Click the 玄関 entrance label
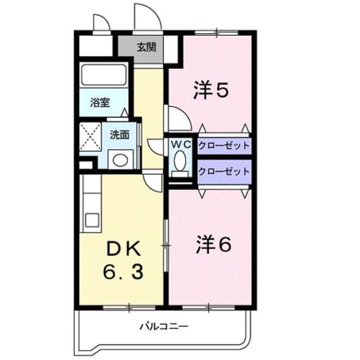tap(146, 47)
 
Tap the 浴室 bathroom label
tap(100, 102)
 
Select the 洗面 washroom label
tap(120, 135)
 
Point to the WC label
tap(181, 145)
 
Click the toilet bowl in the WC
tap(180, 160)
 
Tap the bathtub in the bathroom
tap(103, 75)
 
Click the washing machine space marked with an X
tap(90, 137)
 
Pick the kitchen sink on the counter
tap(92, 220)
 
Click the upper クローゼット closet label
tap(224, 146)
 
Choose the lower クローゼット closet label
tap(224, 172)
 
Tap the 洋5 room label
tap(211, 90)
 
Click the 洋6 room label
tap(214, 245)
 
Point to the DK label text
tap(124, 250)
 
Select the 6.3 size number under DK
tap(123, 272)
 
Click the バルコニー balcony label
tap(164, 326)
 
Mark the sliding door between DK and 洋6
tap(166, 246)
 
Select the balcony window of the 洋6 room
tap(209, 308)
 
